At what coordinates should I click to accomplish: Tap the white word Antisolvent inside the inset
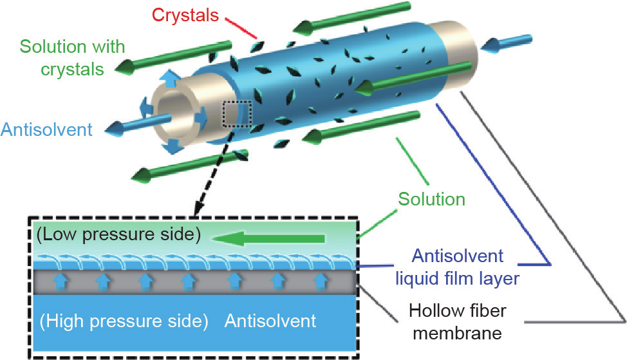click(x=270, y=320)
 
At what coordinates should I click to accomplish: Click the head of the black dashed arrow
click(x=196, y=212)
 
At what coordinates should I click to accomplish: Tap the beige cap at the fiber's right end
click(x=451, y=45)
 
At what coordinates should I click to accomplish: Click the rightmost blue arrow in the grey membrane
click(x=321, y=280)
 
